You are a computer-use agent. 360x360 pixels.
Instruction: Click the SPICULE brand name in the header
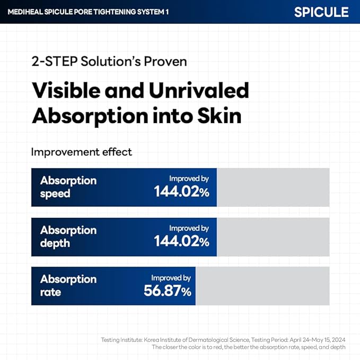tap(321, 11)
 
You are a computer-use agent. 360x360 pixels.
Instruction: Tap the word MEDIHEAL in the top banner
tap(25, 11)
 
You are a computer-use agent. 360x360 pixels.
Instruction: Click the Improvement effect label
tap(81, 152)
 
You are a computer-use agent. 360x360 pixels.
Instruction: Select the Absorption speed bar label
tap(68, 187)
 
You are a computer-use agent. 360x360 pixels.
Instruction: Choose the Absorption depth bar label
tap(68, 236)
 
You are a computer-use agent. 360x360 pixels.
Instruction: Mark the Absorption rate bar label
tap(68, 285)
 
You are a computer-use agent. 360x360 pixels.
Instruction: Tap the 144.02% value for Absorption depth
tap(182, 242)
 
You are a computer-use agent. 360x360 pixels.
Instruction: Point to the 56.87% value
tap(168, 291)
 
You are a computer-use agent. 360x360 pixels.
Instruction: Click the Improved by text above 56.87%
tap(171, 278)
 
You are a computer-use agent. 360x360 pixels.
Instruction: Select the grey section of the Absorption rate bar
tap(262, 286)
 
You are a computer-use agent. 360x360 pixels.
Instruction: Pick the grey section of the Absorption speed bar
tap(273, 187)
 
